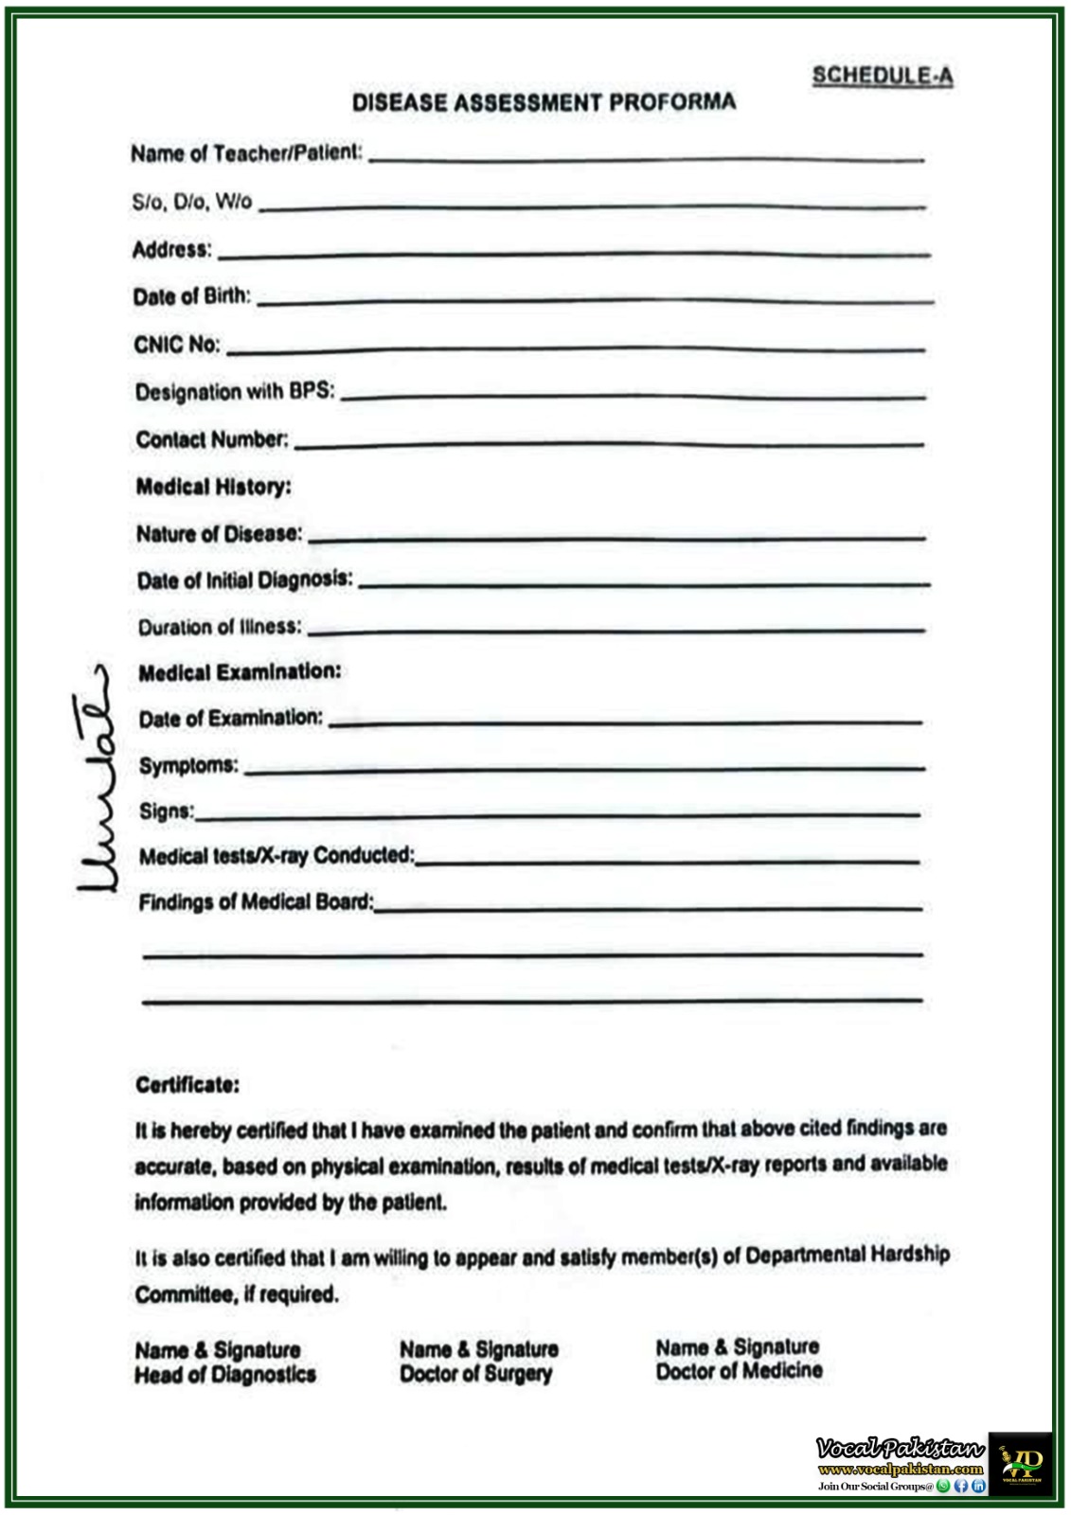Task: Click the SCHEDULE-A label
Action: tap(882, 76)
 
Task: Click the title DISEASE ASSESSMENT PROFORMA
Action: tap(544, 102)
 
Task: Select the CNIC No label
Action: tap(177, 345)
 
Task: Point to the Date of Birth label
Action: tap(192, 296)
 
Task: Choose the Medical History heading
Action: tap(214, 487)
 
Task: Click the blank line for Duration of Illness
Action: tap(616, 630)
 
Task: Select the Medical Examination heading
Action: tap(240, 672)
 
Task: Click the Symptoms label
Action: tap(189, 765)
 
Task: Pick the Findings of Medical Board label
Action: tap(256, 901)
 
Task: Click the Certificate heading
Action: tap(187, 1085)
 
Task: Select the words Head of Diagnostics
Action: tap(225, 1375)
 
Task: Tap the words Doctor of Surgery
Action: tap(475, 1374)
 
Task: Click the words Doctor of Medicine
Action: tap(739, 1370)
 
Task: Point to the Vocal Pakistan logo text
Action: tap(900, 1448)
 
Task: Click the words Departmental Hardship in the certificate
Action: tap(848, 1256)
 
